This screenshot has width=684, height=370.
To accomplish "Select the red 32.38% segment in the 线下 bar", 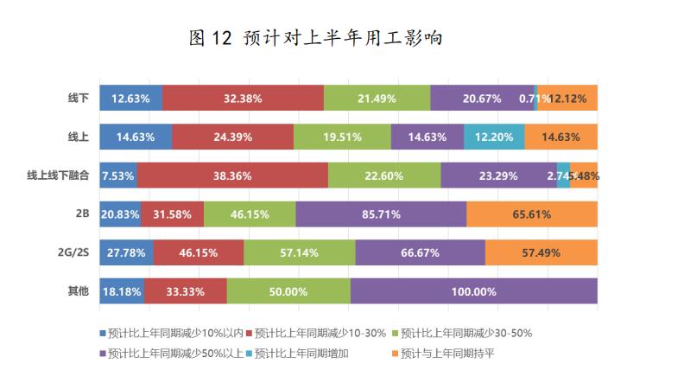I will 242,99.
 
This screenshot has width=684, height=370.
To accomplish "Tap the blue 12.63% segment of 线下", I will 130,99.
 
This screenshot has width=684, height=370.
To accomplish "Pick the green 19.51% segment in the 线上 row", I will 342,137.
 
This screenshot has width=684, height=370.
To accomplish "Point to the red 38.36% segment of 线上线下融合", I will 231,175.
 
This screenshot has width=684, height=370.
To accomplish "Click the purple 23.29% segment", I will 498,175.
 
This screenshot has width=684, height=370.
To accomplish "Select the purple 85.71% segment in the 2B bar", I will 381,214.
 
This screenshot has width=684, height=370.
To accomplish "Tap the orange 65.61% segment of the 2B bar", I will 531,214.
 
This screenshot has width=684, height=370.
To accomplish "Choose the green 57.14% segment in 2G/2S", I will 299,253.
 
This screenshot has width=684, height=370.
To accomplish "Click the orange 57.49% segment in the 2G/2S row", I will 541,253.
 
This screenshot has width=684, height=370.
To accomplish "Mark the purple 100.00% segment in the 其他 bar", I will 473,292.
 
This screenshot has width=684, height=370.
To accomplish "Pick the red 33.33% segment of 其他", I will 185,292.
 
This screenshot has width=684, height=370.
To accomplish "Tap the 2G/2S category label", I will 73,253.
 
